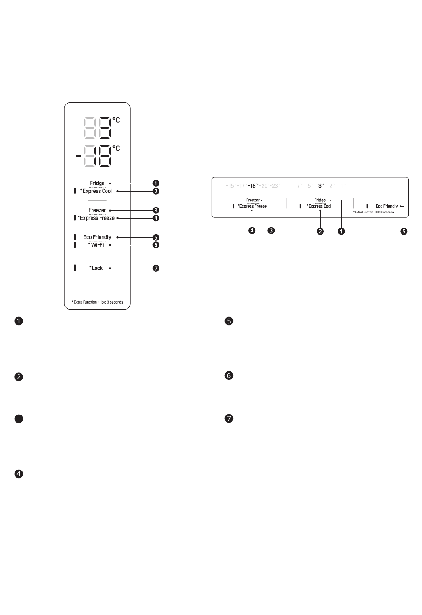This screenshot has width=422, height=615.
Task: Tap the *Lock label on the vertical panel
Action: (x=96, y=268)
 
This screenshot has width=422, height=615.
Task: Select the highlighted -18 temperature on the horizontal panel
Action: (x=252, y=186)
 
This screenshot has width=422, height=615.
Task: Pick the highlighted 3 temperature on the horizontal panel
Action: (x=321, y=186)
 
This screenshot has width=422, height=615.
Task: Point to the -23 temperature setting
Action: (x=275, y=186)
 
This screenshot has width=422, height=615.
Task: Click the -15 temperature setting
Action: (x=230, y=186)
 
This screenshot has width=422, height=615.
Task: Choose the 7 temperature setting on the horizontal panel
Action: (x=299, y=186)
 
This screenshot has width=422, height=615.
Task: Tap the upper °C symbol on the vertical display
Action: (x=116, y=120)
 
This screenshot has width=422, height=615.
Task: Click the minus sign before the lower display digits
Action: (x=78, y=156)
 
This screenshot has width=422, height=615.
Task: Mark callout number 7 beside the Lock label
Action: (x=156, y=268)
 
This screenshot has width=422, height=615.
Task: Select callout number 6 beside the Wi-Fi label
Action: (x=156, y=245)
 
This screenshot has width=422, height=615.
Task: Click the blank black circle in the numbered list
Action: (x=19, y=419)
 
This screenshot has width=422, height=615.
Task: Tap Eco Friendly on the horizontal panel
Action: (x=386, y=206)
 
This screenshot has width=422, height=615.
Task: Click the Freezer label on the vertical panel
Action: (x=97, y=210)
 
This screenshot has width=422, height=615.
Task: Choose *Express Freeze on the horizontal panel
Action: (x=252, y=206)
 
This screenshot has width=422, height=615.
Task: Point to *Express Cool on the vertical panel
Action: (x=96, y=191)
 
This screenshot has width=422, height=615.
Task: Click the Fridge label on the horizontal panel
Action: (x=320, y=200)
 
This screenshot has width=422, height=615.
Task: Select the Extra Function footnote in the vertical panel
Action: (x=97, y=302)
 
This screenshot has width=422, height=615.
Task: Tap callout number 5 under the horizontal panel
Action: (x=404, y=231)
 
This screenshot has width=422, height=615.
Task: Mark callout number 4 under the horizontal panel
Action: (x=252, y=231)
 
